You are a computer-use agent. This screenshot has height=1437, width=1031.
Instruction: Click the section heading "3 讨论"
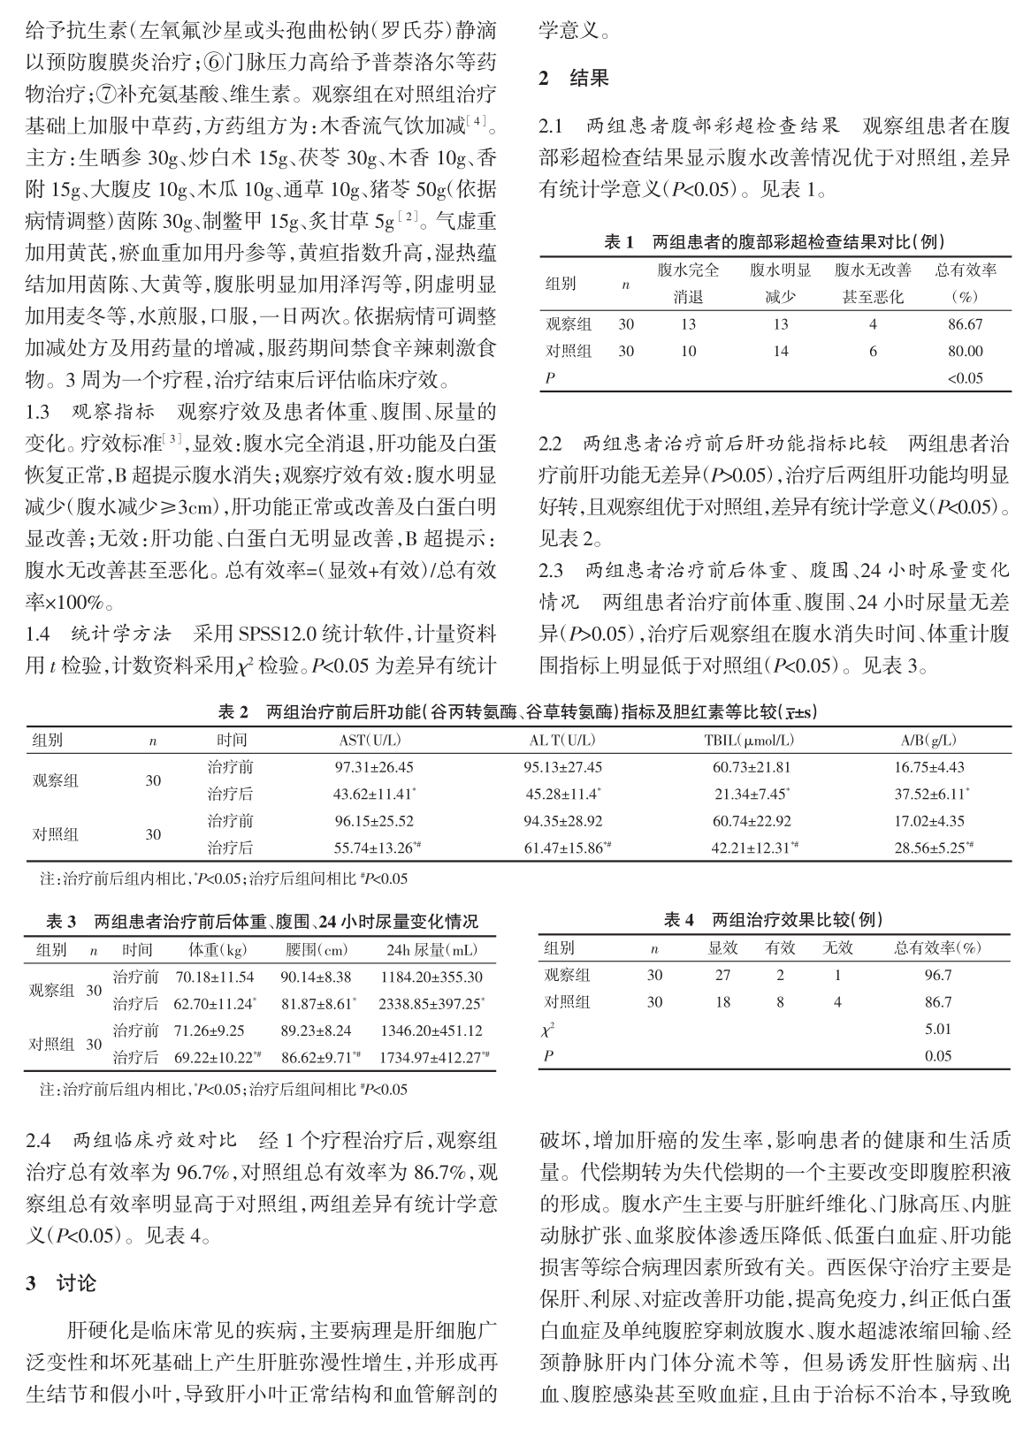pyautogui.click(x=61, y=1282)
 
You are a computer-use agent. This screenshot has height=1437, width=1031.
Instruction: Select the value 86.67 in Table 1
pyautogui.click(x=965, y=324)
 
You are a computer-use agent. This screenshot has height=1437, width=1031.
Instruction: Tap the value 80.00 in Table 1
pyautogui.click(x=965, y=351)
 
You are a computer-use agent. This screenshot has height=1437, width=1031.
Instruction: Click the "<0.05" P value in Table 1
pyautogui.click(x=965, y=378)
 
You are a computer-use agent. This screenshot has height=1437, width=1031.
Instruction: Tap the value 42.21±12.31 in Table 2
pyautogui.click(x=752, y=848)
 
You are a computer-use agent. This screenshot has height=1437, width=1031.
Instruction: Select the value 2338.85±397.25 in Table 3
pyautogui.click(x=431, y=1004)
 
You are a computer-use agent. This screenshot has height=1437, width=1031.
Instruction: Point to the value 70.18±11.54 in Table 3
pyautogui.click(x=215, y=977)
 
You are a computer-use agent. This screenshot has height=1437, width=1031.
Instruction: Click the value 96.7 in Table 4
pyautogui.click(x=937, y=976)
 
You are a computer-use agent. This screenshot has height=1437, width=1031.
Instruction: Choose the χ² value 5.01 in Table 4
pyautogui.click(x=937, y=1029)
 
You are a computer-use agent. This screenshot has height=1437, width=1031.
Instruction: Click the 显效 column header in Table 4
pyautogui.click(x=722, y=948)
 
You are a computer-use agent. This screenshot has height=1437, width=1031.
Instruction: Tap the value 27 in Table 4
pyautogui.click(x=722, y=976)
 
